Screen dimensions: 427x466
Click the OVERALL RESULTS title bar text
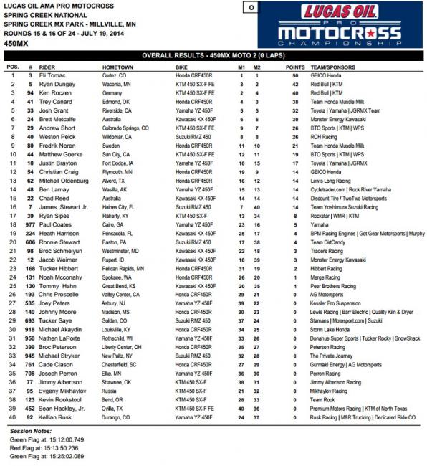pyautogui.click(x=212, y=54)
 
